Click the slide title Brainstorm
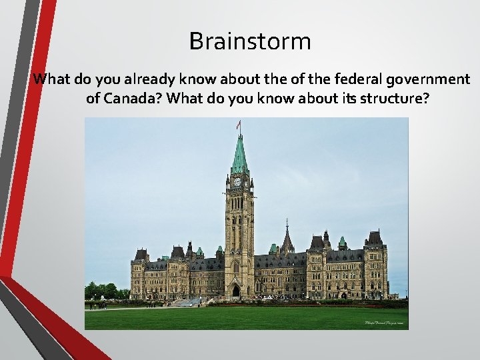tap(250, 41)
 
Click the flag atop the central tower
tap(238, 125)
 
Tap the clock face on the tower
tap(237, 181)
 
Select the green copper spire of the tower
tap(239, 157)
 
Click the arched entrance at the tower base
tap(236, 291)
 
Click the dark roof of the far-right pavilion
tap(375, 238)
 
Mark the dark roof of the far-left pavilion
tap(141, 255)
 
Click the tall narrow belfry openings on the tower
tap(238, 203)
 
